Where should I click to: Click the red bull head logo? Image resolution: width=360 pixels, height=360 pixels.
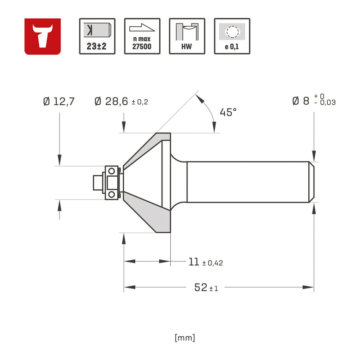[x=42, y=36]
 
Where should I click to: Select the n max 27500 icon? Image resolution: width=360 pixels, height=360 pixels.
[x=142, y=36]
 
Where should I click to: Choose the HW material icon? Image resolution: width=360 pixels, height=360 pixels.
[x=187, y=36]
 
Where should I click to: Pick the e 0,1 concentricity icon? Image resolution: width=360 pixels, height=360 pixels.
[x=232, y=36]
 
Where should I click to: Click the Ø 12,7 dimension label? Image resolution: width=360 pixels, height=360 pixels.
[x=59, y=101]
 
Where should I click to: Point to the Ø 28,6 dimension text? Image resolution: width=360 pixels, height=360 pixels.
[x=111, y=101]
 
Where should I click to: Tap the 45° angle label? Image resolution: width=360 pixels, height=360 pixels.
[x=228, y=112]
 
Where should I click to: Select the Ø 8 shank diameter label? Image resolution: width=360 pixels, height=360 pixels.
[x=300, y=101]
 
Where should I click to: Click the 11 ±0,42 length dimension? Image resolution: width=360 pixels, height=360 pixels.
[x=206, y=262]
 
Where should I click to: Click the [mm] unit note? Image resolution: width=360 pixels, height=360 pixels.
[x=185, y=338]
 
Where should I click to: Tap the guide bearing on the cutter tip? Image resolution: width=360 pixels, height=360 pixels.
[x=112, y=182]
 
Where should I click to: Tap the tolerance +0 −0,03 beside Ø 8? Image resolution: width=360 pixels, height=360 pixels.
[x=324, y=99]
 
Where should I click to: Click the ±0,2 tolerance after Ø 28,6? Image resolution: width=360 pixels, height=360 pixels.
[x=140, y=102]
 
